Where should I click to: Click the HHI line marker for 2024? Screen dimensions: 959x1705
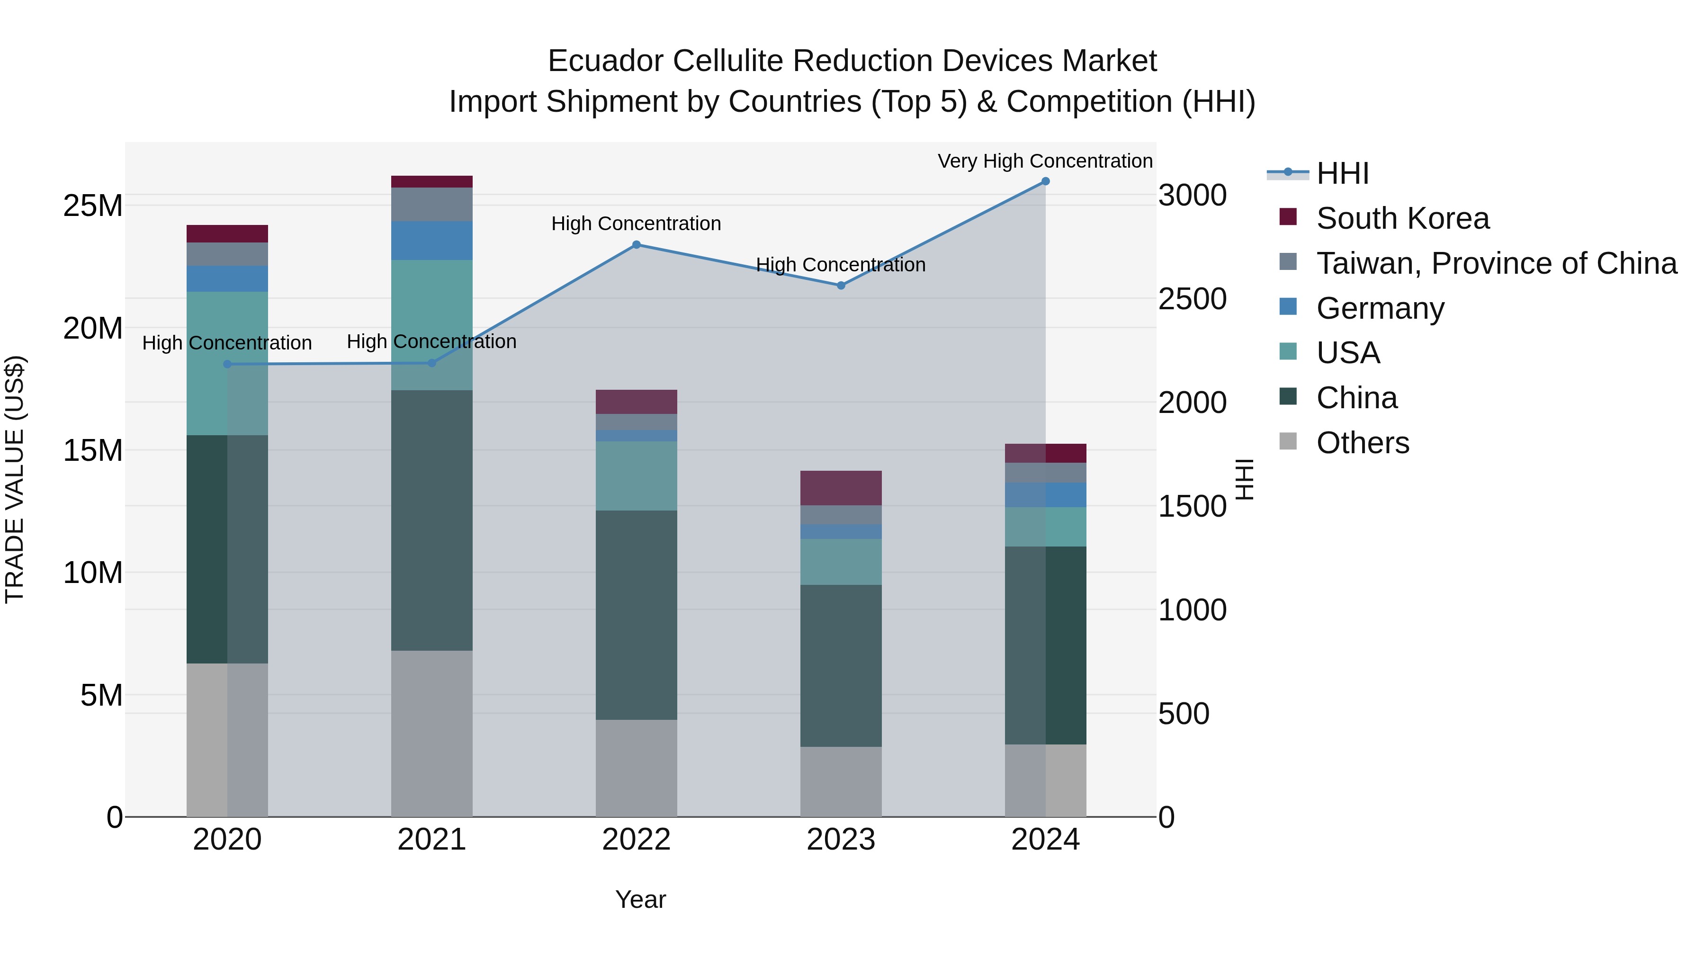pos(1045,181)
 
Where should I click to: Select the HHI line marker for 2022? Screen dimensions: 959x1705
pos(636,245)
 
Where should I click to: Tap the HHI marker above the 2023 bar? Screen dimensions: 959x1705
pos(841,285)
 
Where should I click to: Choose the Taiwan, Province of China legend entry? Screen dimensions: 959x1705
pos(1496,263)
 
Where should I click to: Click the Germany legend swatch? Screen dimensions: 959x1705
pos(1288,307)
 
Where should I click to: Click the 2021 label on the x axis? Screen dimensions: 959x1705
pos(431,840)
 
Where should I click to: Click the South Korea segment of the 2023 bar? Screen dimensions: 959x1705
pos(841,488)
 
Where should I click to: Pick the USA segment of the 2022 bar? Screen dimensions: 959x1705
pos(636,476)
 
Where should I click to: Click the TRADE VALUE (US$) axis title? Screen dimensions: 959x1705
pos(15,479)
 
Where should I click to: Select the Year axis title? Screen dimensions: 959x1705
pos(640,899)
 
